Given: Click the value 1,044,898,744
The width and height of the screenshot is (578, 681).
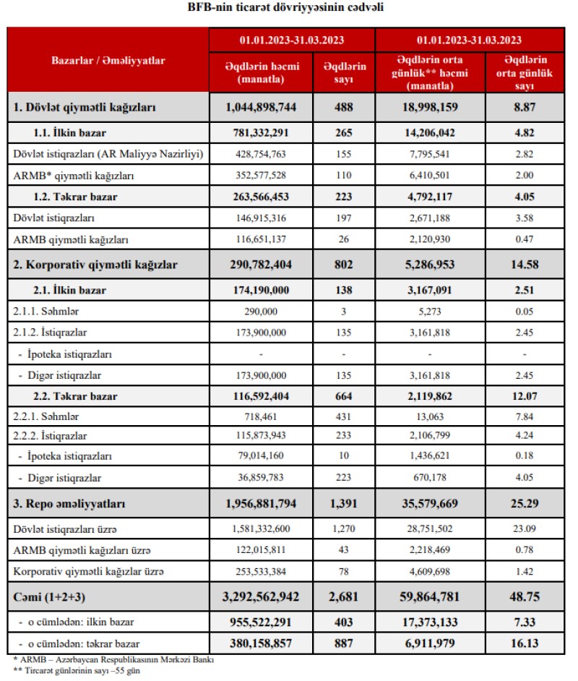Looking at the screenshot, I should click(261, 107).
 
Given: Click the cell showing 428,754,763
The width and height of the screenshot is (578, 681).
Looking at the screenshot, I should click(261, 154).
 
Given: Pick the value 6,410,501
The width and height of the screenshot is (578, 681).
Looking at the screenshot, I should click(429, 174).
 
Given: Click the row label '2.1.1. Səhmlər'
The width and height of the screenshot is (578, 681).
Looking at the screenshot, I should click(41, 312).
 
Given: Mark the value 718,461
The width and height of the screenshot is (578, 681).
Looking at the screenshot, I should click(261, 417).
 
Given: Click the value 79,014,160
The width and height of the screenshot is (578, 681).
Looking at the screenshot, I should click(261, 457).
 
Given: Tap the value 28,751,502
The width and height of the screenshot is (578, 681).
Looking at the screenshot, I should click(429, 529).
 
